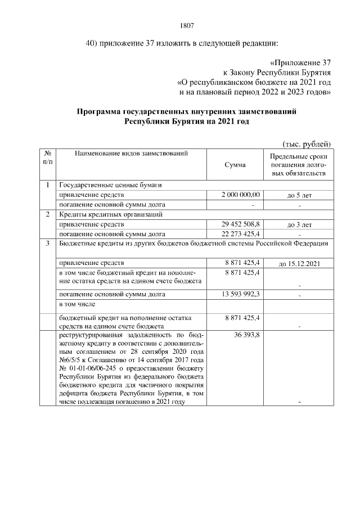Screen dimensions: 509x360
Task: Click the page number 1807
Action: click(187, 25)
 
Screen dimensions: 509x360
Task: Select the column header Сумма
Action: click(235, 165)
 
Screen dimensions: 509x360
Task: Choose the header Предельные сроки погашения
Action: click(299, 164)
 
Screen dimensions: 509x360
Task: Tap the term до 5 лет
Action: click(299, 195)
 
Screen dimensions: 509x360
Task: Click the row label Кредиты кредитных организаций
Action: click(111, 214)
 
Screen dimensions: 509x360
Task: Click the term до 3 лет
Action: click(299, 224)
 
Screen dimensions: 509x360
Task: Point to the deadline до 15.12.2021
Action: click(299, 263)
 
